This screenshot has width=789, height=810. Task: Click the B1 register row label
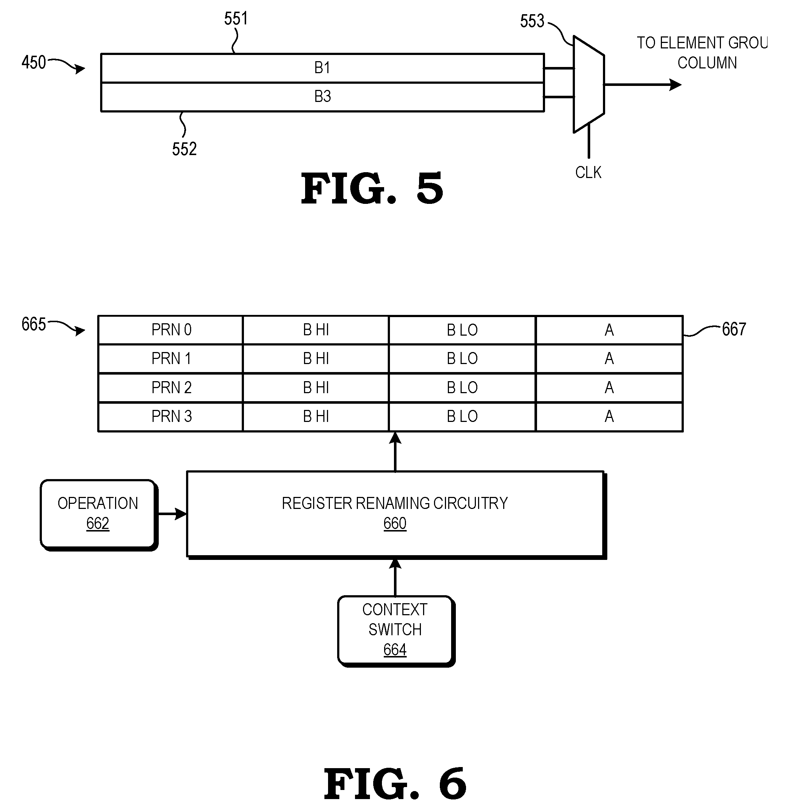point(322,68)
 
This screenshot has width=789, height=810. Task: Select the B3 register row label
point(322,96)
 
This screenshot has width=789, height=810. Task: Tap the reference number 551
point(236,19)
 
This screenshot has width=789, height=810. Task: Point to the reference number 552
point(184,149)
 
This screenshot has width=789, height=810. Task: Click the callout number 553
point(532,21)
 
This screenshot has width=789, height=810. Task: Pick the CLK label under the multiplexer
point(588,172)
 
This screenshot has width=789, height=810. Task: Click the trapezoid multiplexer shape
point(589,84)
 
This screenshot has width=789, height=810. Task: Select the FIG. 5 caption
point(372,189)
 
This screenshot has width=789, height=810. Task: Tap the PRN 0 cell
point(171,330)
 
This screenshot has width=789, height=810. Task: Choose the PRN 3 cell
point(171,416)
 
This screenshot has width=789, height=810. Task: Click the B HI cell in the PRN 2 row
point(316,388)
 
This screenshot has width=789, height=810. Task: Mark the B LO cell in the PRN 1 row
point(462,358)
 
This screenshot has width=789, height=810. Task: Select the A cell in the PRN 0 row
point(609,330)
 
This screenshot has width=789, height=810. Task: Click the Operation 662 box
point(99,515)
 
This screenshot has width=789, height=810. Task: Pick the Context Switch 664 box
point(396,631)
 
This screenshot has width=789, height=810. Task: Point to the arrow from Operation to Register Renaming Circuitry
point(172,514)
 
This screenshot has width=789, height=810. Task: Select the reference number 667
point(734,329)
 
